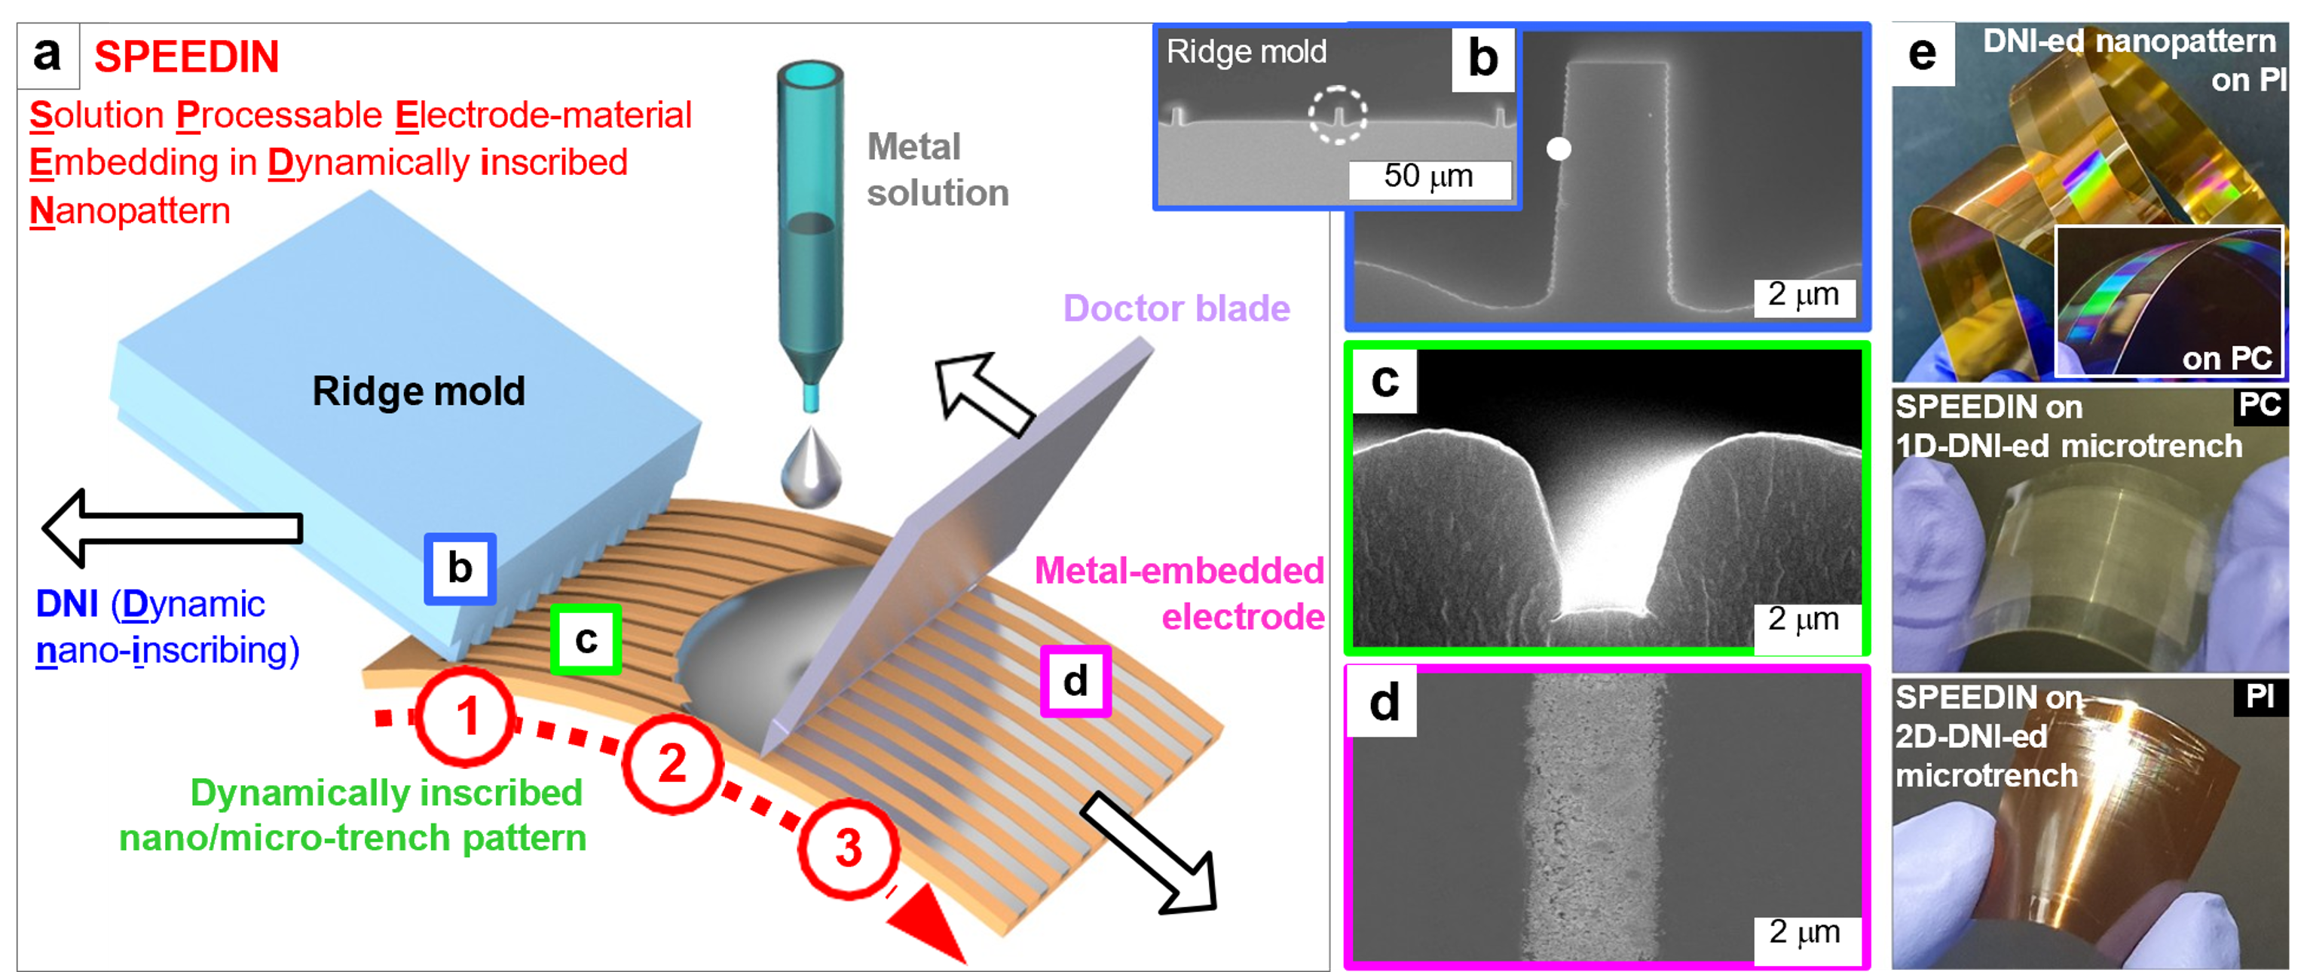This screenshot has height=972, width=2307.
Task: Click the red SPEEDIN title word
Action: [186, 57]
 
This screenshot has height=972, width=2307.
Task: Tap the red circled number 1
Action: [466, 716]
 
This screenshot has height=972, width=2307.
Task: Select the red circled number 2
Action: [672, 763]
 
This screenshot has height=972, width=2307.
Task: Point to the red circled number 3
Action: [848, 848]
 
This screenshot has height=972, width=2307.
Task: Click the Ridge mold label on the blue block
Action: [418, 391]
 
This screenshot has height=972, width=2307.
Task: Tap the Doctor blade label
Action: [1176, 308]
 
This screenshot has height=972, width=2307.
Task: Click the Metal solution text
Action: [937, 170]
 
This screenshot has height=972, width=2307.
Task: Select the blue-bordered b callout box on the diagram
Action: [460, 569]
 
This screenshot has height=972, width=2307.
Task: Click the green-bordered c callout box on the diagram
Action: [586, 639]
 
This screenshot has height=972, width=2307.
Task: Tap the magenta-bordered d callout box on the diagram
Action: [1075, 682]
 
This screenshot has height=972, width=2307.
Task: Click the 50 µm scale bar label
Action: [1428, 176]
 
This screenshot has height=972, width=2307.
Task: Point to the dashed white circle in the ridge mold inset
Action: [1337, 115]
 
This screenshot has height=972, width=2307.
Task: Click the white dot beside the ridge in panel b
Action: [1559, 149]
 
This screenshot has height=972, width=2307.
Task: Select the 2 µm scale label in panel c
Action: [1804, 619]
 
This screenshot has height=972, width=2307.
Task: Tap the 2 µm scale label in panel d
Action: [1804, 932]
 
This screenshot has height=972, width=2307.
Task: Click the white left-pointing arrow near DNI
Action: [175, 529]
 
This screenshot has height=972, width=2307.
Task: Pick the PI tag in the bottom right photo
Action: [2260, 697]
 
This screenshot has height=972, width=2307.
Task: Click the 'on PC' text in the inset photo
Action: [2226, 358]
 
